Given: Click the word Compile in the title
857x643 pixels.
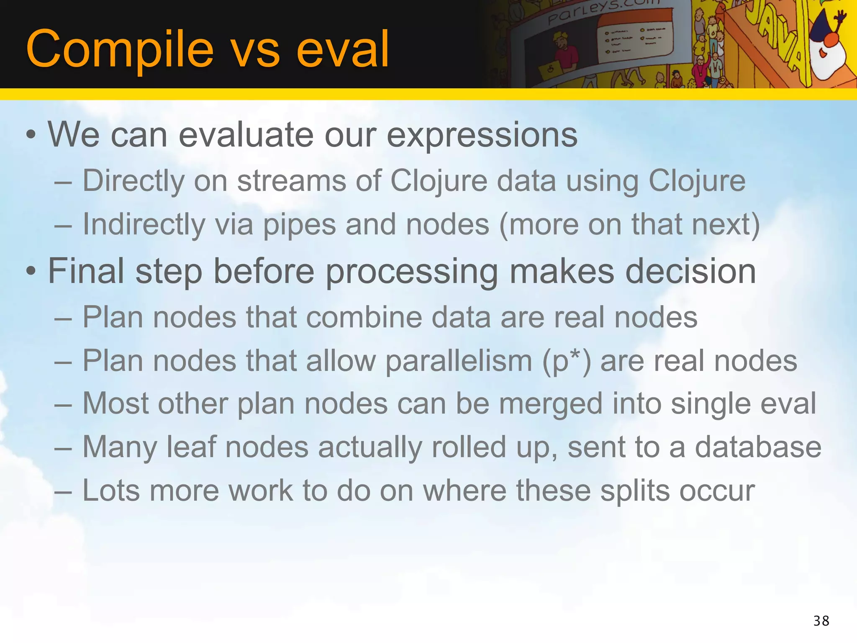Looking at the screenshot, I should point(120,49).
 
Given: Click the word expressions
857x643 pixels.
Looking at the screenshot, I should point(482,135).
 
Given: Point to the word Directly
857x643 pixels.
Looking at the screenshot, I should point(133,181).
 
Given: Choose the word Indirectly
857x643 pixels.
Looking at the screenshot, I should point(144,225).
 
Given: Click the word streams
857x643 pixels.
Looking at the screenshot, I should point(292,181).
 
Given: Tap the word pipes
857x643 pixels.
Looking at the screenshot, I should point(299,225).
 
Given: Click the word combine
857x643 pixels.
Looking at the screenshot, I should point(364,317).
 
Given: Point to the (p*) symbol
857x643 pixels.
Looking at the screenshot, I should point(566,361).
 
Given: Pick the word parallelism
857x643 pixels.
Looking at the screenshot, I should point(459,361).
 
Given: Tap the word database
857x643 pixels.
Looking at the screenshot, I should point(758,447).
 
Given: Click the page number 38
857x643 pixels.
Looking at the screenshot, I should point(821,621).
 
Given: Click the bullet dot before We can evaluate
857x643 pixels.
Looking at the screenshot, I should point(31,135).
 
